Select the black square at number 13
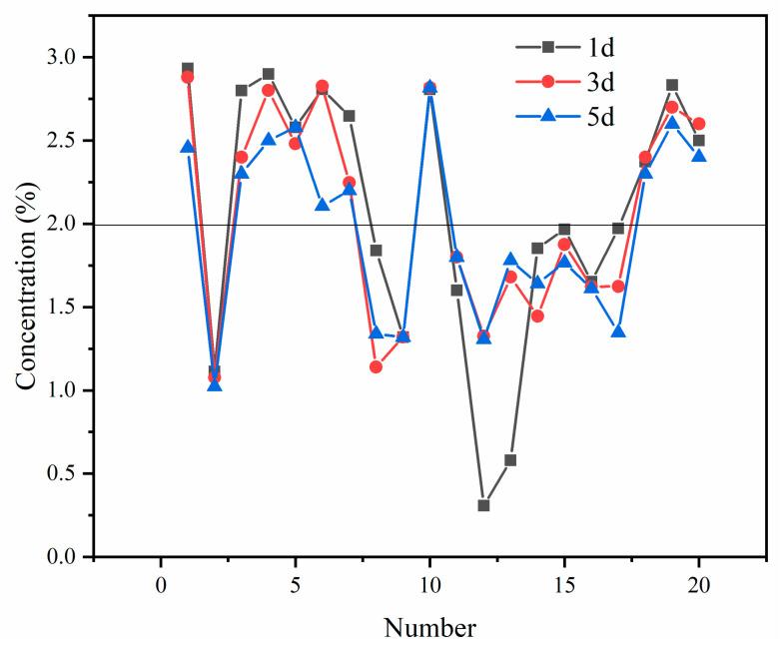[510, 460]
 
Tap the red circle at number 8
[377, 366]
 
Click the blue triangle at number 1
[188, 147]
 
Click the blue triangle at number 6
[323, 205]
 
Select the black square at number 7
[350, 116]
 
